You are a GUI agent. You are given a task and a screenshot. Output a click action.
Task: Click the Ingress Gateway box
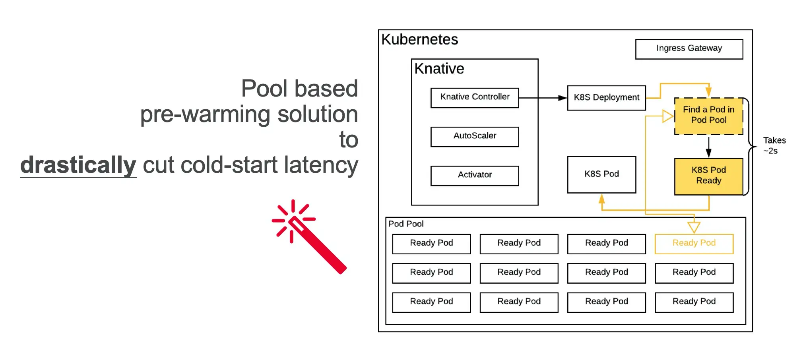click(x=689, y=49)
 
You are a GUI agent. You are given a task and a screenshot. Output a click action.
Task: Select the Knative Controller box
click(x=475, y=97)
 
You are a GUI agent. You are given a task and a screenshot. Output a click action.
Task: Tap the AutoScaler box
click(x=475, y=136)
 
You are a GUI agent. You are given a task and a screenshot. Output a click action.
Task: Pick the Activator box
click(x=475, y=175)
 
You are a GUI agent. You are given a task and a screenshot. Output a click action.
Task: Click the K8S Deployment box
click(x=606, y=98)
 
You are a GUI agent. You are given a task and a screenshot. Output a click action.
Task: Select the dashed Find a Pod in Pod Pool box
click(x=708, y=116)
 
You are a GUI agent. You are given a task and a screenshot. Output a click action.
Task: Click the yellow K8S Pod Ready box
click(x=708, y=176)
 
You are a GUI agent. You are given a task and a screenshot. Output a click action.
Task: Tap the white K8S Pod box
click(x=601, y=174)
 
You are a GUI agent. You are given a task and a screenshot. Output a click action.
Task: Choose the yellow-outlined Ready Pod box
click(x=694, y=244)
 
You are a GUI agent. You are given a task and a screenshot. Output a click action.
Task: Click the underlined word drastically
click(x=78, y=165)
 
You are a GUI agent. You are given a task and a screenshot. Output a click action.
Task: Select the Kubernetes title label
click(x=419, y=40)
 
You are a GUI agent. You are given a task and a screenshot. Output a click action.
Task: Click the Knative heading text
click(x=439, y=69)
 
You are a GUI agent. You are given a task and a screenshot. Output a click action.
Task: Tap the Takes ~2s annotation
click(x=774, y=145)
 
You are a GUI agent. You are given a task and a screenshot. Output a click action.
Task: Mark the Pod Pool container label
click(x=406, y=224)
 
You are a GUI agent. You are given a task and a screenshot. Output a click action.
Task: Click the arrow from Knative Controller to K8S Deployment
click(x=543, y=98)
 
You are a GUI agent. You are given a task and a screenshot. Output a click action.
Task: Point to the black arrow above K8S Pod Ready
click(x=708, y=147)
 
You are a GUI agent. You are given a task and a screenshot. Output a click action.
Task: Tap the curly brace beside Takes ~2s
click(x=750, y=146)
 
